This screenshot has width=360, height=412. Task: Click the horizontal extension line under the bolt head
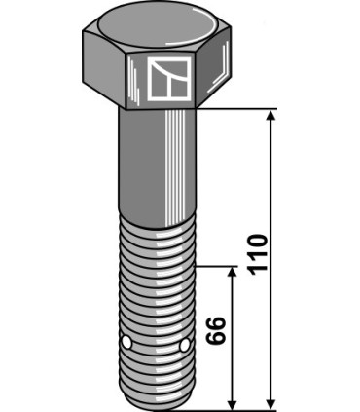pyautogui.click(x=243, y=109)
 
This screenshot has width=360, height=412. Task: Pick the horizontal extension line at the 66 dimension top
pyautogui.click(x=219, y=266)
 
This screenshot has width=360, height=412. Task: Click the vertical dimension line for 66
pyautogui.click(x=232, y=370)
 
